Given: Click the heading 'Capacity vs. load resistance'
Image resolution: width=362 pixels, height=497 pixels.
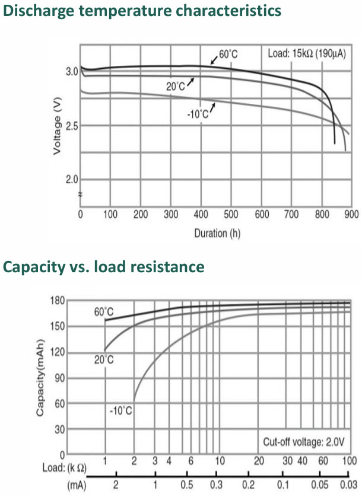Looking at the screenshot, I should point(104,267).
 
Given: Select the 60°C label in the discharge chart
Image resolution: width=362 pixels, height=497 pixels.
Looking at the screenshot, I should point(228,55).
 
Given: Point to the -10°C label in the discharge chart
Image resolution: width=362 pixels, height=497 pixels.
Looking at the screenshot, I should point(198,114).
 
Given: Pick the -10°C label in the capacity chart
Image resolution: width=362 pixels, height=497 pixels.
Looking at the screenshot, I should point(122,409).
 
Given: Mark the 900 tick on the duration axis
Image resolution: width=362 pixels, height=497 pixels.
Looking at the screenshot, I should point(351,215).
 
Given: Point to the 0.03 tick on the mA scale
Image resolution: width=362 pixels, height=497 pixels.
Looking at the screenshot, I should point(350,485).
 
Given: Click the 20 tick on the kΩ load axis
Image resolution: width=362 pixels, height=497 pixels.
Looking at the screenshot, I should point(259,461).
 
